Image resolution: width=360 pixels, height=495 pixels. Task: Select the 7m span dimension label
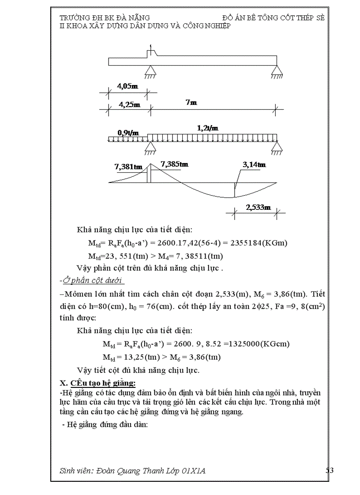pos(191,102)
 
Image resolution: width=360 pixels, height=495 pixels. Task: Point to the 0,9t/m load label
pos(128,132)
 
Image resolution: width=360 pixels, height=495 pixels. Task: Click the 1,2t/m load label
pos(207,128)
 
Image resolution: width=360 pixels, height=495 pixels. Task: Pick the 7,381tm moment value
pos(128,167)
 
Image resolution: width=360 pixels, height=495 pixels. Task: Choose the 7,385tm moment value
pos(175,164)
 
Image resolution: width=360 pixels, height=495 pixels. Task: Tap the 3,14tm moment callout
pos(254,165)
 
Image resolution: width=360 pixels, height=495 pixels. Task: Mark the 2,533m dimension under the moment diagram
pos(258,207)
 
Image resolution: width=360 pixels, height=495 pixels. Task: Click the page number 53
pos(329,471)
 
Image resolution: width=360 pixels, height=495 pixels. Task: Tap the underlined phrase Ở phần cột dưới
pos(93,280)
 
